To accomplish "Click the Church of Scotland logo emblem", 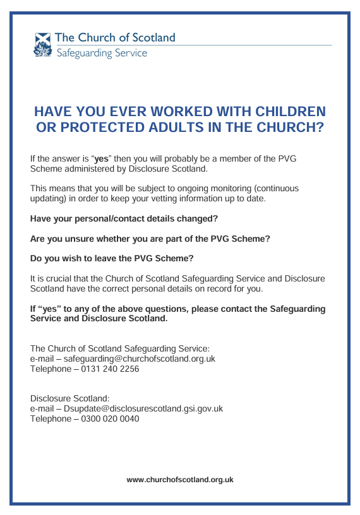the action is [42, 45].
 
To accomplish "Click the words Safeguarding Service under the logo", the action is [102, 53].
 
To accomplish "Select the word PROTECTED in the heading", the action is [101, 127].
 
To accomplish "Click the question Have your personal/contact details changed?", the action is [124, 218].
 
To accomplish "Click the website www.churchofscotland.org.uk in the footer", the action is [180, 480].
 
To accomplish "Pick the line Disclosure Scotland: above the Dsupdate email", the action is [70, 398].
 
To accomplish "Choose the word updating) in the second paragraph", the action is [49, 199].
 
